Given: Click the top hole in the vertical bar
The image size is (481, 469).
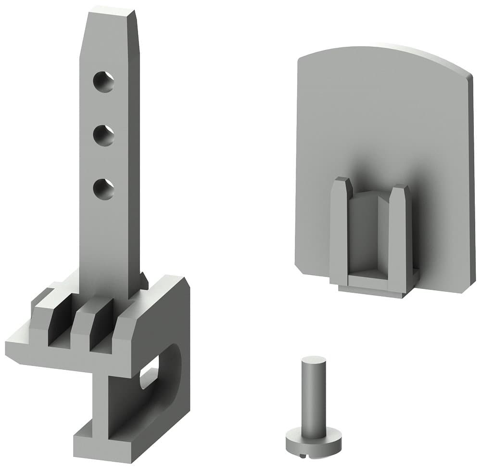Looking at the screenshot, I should click(103, 82).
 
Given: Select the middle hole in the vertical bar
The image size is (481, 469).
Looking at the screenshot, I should click(103, 136).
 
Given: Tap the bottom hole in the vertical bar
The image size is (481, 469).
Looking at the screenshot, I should click(103, 189).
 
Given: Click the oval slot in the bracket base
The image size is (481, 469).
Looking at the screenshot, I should click(150, 372).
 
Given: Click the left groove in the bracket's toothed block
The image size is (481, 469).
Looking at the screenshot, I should click(61, 324).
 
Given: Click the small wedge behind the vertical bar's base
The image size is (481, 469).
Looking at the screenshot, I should click(143, 280).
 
